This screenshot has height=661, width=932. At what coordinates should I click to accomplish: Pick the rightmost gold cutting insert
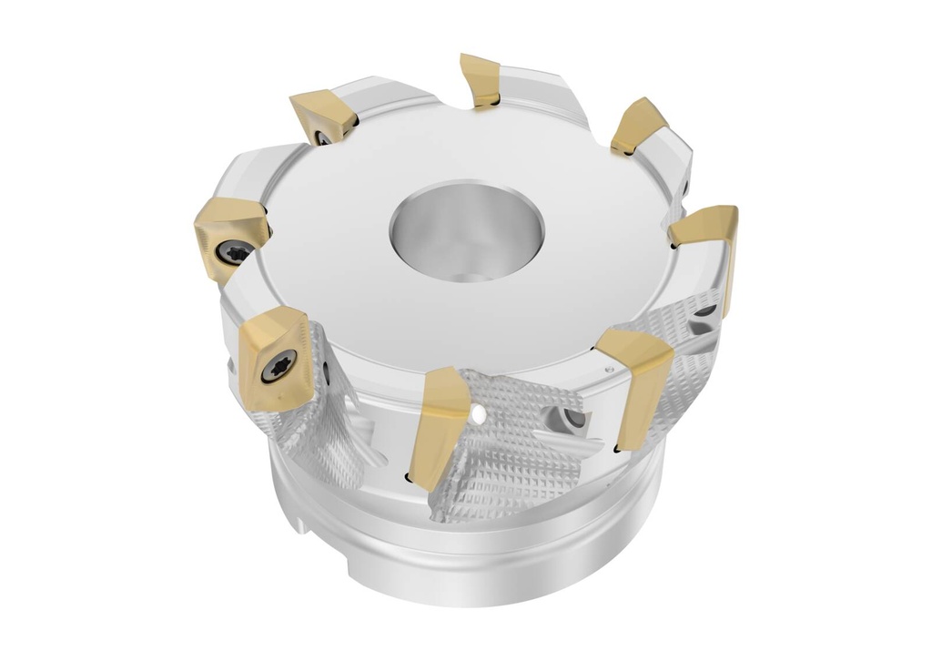pos(705,227)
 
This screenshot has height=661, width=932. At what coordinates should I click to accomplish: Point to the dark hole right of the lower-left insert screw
pos(325,372)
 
